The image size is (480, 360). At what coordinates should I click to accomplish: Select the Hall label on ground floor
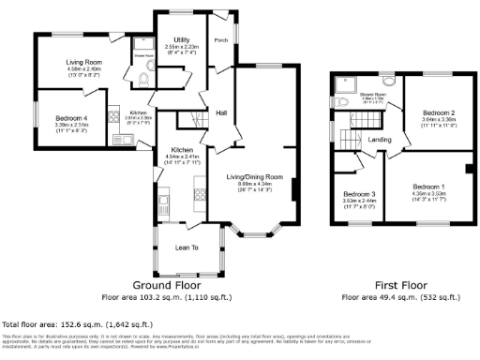point(222,112)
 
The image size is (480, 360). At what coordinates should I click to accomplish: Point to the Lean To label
point(187,246)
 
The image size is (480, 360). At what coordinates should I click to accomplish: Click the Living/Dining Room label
point(254,176)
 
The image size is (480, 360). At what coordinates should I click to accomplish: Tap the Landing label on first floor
point(379,140)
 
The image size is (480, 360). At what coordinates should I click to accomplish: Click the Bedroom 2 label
point(431,112)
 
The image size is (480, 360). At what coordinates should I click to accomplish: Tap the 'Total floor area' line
point(69,322)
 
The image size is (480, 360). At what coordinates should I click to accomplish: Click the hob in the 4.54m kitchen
point(200,194)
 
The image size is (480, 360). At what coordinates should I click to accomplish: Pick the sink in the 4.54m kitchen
point(163,200)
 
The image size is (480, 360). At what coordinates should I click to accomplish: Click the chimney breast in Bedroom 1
point(468,169)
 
